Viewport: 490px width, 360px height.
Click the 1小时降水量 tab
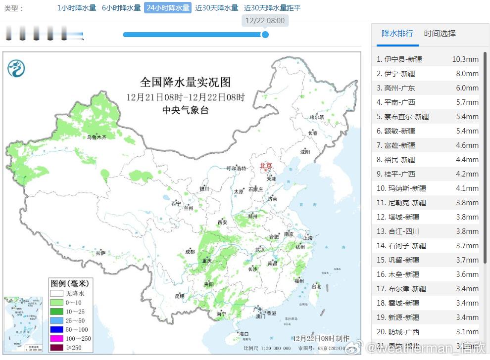[77, 8]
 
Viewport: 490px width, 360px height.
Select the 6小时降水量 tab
[121, 8]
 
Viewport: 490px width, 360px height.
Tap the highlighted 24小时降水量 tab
[168, 8]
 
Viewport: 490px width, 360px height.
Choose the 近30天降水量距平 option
[272, 8]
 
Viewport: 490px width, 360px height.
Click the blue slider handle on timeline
[265, 35]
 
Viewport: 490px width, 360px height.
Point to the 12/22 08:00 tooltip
[265, 21]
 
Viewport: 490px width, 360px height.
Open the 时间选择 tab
[440, 34]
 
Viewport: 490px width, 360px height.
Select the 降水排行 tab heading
[397, 34]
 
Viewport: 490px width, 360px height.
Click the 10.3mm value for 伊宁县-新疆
[465, 59]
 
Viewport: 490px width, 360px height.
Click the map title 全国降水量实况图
[185, 82]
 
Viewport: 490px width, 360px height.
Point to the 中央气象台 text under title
[186, 110]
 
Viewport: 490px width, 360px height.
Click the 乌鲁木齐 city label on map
[97, 137]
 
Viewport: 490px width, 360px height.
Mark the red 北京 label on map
[266, 166]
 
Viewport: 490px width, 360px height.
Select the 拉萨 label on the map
[101, 253]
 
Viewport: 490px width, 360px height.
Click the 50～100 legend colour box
[56, 329]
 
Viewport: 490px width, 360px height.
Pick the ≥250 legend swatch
[56, 348]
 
